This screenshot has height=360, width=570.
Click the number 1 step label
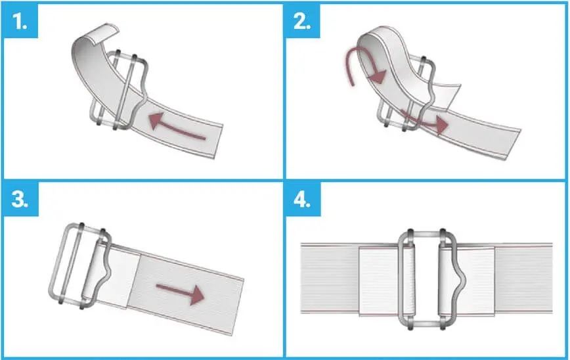tap(20, 22)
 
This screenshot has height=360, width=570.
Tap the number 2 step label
tap(302, 22)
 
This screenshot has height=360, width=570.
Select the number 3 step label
tap(20, 199)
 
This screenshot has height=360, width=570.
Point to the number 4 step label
tap(302, 199)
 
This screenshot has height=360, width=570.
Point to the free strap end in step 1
tap(217, 142)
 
